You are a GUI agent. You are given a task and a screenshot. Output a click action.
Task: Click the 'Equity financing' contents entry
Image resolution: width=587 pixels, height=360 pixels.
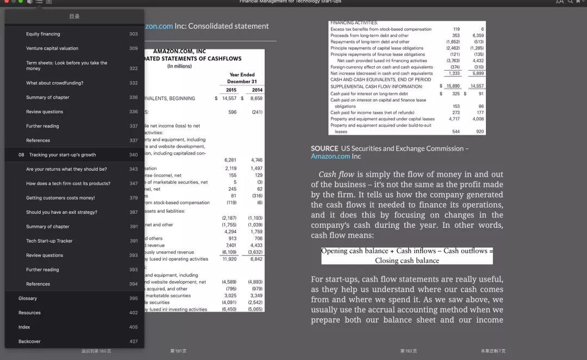(x=43, y=34)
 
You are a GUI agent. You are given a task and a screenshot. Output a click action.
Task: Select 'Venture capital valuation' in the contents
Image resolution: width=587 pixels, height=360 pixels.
(x=52, y=48)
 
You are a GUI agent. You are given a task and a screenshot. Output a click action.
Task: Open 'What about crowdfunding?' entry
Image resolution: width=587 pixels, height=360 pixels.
(x=54, y=83)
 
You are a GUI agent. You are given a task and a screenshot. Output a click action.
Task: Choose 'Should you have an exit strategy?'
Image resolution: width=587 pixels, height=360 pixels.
(x=61, y=212)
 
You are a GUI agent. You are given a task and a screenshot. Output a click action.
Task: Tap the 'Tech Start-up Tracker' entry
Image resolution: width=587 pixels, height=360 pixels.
(x=49, y=241)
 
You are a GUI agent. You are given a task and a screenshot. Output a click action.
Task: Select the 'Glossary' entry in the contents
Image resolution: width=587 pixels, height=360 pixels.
(x=28, y=299)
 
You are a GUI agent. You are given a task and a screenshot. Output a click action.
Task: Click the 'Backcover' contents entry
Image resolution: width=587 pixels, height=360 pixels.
(x=29, y=342)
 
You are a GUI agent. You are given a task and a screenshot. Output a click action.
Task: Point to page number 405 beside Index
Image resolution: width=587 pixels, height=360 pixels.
(x=133, y=327)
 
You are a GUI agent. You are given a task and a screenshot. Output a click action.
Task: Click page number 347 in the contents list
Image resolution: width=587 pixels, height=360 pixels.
(x=133, y=184)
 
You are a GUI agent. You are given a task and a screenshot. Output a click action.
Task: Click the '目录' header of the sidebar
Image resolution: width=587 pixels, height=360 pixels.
(x=74, y=16)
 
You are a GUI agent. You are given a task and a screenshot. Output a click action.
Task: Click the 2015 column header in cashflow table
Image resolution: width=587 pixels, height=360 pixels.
(x=230, y=90)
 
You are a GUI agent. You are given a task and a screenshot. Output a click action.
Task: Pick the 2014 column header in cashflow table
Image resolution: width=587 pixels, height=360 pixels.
(x=257, y=90)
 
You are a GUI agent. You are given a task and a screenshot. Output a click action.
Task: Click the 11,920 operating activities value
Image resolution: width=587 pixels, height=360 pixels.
(x=229, y=259)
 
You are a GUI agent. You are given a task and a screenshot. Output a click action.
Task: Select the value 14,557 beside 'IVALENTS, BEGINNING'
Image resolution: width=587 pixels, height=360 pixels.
(x=229, y=98)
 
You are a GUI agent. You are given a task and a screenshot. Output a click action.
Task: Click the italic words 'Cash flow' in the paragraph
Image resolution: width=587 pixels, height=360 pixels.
(x=336, y=175)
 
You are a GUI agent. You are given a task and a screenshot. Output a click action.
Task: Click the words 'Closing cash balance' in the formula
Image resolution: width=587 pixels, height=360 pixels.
(x=407, y=260)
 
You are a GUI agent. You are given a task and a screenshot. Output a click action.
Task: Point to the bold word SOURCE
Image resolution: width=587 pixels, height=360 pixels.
(x=324, y=148)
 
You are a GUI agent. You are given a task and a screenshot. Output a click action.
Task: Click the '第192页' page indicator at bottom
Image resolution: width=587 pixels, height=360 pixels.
(x=408, y=351)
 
